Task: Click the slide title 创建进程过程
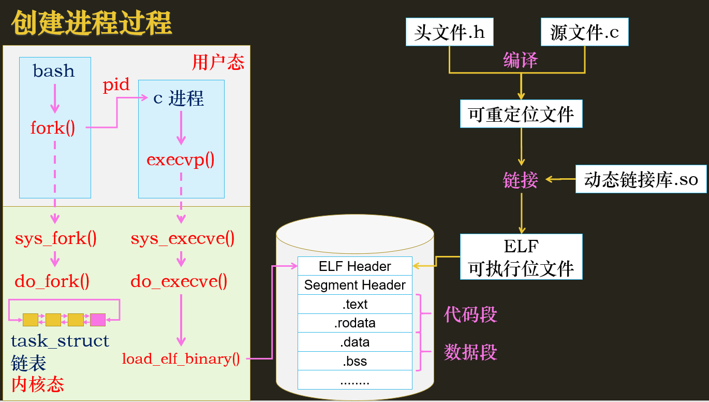[x=92, y=23]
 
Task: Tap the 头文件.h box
[x=449, y=32]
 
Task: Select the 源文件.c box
[x=585, y=32]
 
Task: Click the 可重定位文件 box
[x=521, y=114]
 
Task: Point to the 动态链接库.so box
[x=641, y=179]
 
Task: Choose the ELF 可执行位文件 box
[x=521, y=256]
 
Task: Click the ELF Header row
[x=355, y=266]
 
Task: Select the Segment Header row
[x=355, y=285]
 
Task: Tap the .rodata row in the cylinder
[x=355, y=323]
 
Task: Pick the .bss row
[x=355, y=361]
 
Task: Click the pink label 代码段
[x=470, y=314]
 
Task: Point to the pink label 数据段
[x=470, y=352]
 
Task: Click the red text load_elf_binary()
[x=181, y=359]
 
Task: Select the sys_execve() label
[x=183, y=238]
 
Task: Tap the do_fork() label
[x=52, y=281]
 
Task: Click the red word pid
[x=116, y=84]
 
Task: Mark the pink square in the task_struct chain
[x=98, y=320]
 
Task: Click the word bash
[x=54, y=70]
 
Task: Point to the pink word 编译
[x=520, y=60]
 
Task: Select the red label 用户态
[x=218, y=62]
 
